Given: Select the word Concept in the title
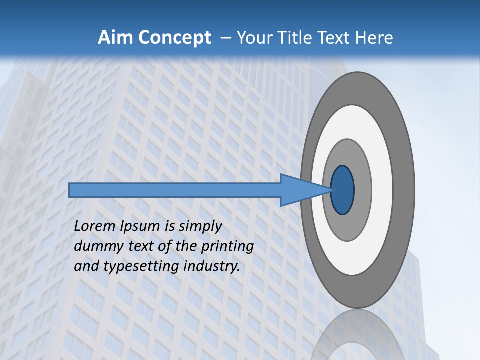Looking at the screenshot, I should pyautogui.click(x=174, y=37).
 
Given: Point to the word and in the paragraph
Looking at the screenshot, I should pyautogui.click(x=86, y=266).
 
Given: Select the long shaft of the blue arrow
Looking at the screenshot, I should pyautogui.click(x=175, y=190).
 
